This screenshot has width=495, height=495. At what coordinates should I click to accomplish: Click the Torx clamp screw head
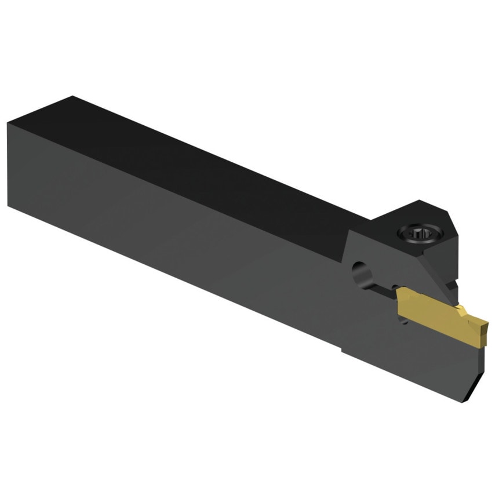coord(419,234)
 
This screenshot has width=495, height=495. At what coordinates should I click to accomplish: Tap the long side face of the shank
coord(174,232)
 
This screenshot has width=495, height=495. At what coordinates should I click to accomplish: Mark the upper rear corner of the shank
coord(8,123)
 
